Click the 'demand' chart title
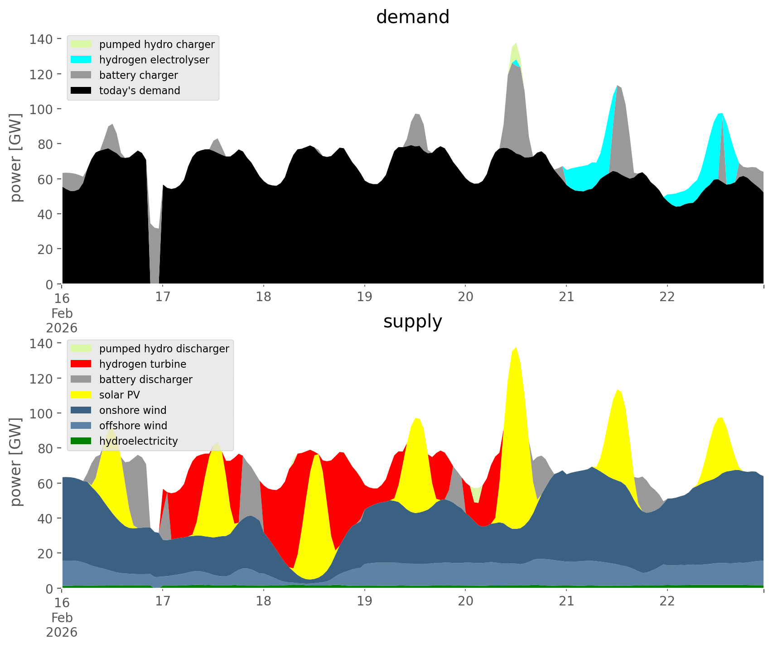click(x=412, y=17)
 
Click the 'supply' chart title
click(x=412, y=322)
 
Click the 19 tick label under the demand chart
click(x=364, y=297)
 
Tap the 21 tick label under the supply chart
click(x=566, y=601)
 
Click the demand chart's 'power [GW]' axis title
click(x=16, y=158)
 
